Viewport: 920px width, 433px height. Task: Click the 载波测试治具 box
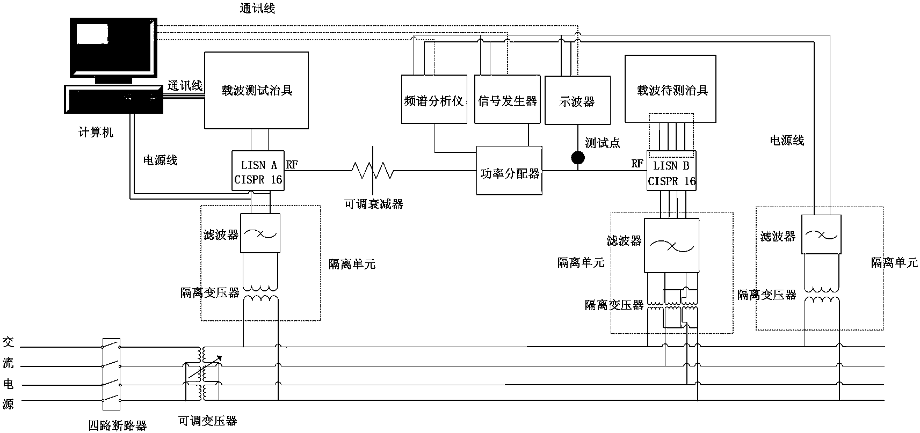pyautogui.click(x=256, y=90)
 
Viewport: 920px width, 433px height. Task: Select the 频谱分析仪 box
pyautogui.click(x=434, y=100)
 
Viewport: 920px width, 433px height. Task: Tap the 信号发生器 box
pyautogui.click(x=507, y=100)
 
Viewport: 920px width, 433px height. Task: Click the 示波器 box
pyautogui.click(x=577, y=100)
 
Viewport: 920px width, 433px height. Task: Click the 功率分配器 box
pyautogui.click(x=509, y=173)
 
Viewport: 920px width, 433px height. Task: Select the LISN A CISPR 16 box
pyautogui.click(x=258, y=171)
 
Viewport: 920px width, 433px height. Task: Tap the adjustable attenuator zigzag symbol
pyautogui.click(x=372, y=171)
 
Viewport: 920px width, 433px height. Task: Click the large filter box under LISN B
pyautogui.click(x=671, y=245)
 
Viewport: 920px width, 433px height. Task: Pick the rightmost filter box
pyautogui.click(x=821, y=234)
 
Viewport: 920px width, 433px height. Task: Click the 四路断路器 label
pyautogui.click(x=117, y=425)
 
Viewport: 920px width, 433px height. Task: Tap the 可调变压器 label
pyautogui.click(x=208, y=421)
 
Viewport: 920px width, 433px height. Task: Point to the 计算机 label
pyautogui.click(x=96, y=133)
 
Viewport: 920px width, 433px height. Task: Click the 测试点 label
pyautogui.click(x=602, y=143)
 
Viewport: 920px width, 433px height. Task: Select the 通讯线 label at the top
pyautogui.click(x=257, y=9)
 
